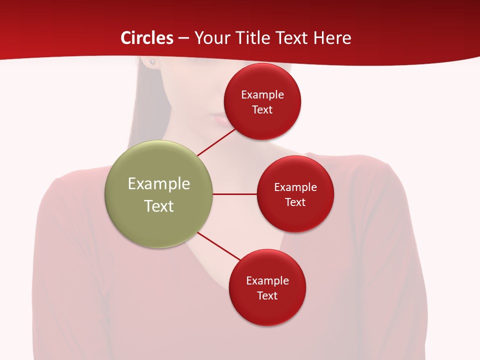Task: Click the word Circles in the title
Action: point(147,38)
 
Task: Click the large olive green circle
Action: point(158,194)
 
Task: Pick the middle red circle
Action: point(295,194)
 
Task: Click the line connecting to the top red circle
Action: point(216,142)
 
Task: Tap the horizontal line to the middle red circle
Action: point(234,194)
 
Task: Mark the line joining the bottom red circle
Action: point(219,246)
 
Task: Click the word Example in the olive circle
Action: point(159,184)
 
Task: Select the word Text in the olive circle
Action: point(159,206)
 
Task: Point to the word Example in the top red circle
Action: point(262,94)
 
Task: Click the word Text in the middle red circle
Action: point(295,202)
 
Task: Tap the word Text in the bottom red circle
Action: point(267,295)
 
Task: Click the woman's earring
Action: point(152,62)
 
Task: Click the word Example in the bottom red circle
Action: point(267,280)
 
